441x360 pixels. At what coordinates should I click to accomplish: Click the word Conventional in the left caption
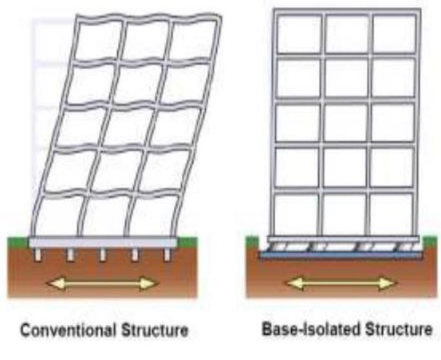(68, 330)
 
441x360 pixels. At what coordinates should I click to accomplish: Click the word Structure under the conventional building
(155, 330)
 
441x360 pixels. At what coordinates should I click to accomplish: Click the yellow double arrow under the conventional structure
(102, 283)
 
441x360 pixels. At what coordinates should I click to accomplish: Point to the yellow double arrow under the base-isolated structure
(341, 283)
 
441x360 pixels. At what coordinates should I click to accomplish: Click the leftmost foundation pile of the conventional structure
(37, 255)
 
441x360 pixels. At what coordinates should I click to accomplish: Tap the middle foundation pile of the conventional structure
(103, 255)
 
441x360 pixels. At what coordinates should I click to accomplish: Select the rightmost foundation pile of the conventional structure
(167, 255)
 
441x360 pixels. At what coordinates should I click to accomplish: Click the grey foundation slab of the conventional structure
(103, 243)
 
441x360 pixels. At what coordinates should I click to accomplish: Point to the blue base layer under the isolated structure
(340, 255)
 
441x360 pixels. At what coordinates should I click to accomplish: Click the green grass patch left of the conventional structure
(18, 242)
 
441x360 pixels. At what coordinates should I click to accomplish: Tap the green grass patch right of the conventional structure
(187, 242)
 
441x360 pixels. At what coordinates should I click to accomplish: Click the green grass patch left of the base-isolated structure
(252, 241)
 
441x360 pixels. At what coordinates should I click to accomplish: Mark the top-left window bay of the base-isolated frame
(299, 34)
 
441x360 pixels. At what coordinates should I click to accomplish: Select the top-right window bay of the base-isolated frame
(395, 34)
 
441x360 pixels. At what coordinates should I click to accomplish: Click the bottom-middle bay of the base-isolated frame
(345, 213)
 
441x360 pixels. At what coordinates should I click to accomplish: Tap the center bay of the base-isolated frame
(345, 123)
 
